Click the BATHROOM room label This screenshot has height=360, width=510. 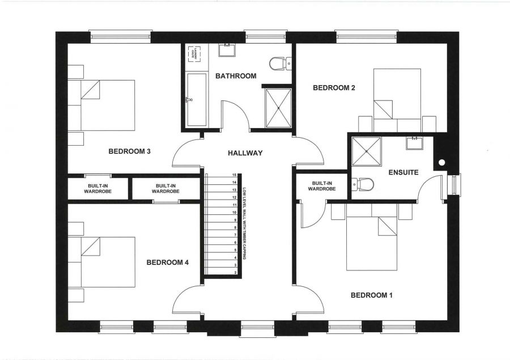point(236,76)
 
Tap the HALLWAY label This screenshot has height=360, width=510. point(245,153)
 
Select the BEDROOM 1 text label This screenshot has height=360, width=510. point(372,295)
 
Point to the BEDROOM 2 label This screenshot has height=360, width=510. point(334,88)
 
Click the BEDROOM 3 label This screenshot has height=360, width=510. point(129,151)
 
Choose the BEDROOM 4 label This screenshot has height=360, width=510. point(167,262)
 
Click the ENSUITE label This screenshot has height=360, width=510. point(403,172)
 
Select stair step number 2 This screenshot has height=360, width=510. point(234,273)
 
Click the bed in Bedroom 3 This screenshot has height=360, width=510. point(108,105)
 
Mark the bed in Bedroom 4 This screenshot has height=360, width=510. point(108,262)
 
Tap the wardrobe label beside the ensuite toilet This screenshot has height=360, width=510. point(321,186)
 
